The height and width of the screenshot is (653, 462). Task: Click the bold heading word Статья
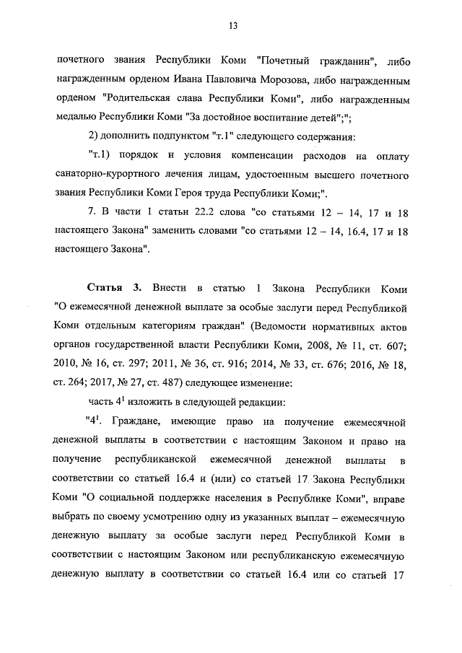(x=105, y=288)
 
